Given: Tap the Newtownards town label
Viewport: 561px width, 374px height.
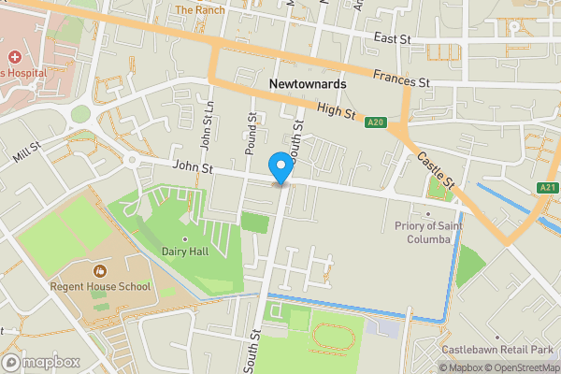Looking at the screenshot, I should (x=308, y=84).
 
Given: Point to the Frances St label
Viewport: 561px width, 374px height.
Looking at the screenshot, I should (x=399, y=82).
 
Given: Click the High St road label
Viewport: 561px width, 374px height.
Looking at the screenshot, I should (x=338, y=112).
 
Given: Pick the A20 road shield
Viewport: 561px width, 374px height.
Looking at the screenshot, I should (x=376, y=122).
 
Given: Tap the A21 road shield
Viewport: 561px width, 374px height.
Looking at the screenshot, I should (x=549, y=188).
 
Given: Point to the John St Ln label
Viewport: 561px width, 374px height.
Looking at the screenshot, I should (x=207, y=126).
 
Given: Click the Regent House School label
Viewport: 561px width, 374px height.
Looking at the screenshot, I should (x=101, y=285).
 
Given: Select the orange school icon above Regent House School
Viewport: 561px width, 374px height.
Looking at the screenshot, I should (x=100, y=270).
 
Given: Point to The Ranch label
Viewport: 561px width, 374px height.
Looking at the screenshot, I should (x=199, y=10).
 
